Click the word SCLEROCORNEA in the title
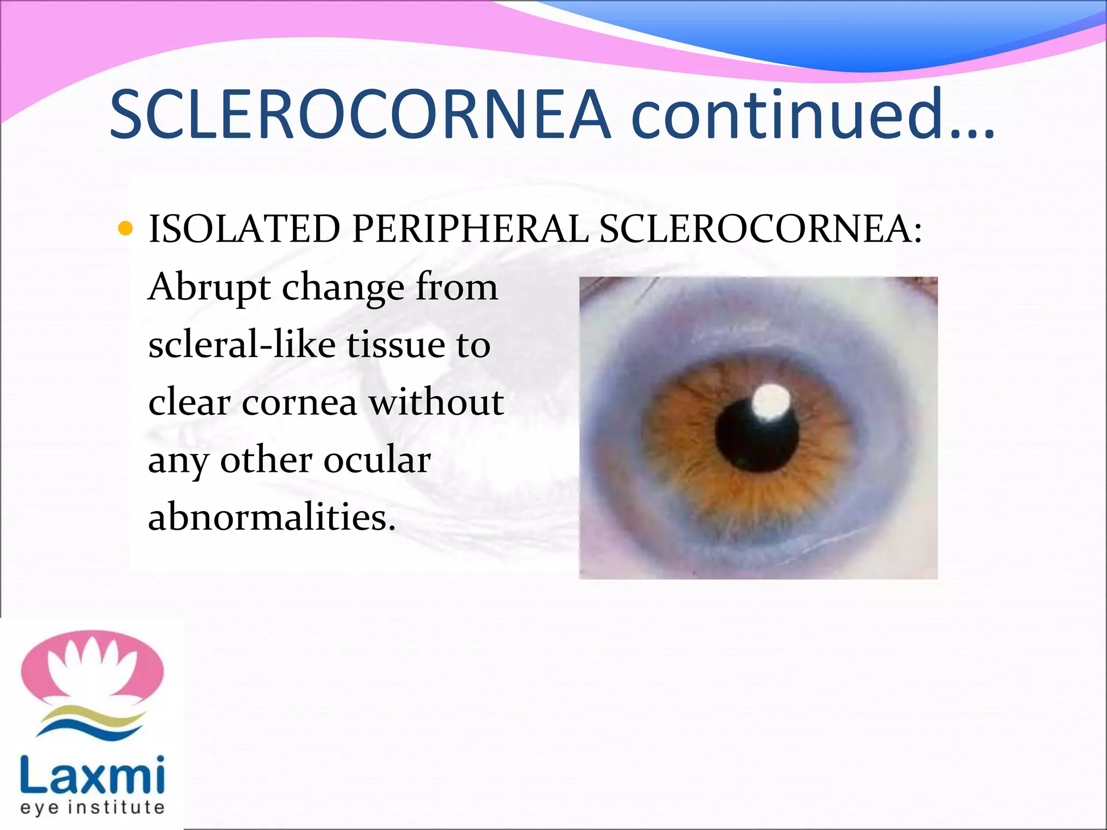pos(359,115)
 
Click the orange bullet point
pos(125,228)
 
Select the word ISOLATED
pos(244,229)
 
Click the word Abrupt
pos(209,288)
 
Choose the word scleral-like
pos(242,345)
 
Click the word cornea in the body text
pos(299,403)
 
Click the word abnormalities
pos(271,517)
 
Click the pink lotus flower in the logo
pos(92,667)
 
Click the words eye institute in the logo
pos(92,807)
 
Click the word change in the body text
pos(343,288)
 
